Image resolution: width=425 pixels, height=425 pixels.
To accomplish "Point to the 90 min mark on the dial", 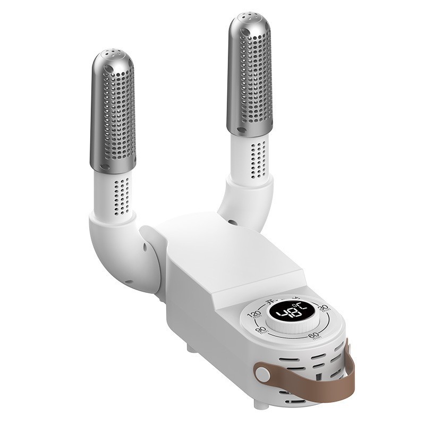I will [261, 330].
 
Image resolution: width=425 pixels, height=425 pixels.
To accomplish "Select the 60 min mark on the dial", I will [314, 336].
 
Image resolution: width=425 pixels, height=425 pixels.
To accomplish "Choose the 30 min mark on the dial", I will [324, 308].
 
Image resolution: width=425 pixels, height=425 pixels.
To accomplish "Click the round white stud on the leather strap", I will [262, 372].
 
